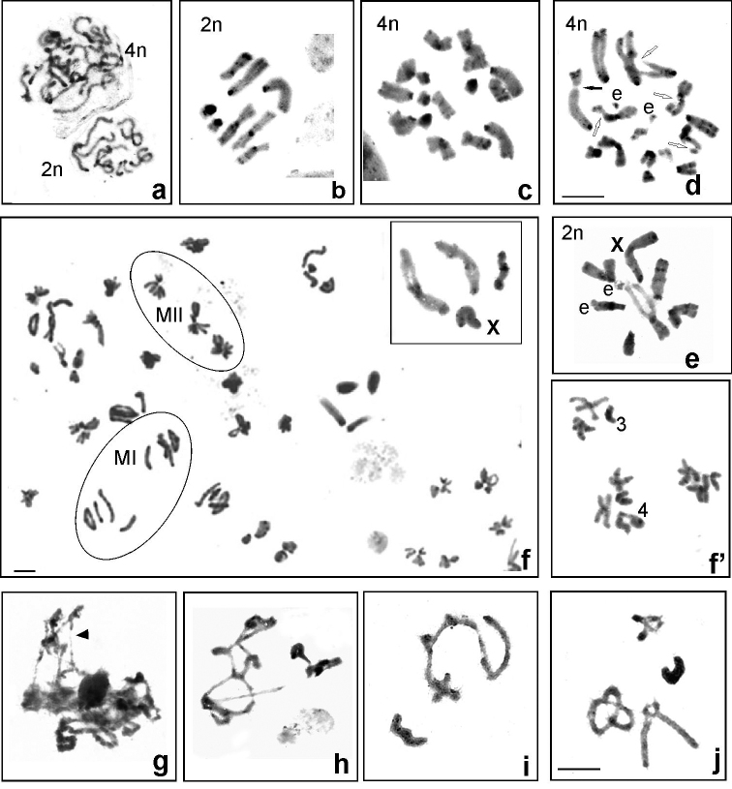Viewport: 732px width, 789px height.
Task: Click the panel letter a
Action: click(x=159, y=190)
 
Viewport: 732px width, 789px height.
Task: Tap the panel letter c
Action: click(x=525, y=191)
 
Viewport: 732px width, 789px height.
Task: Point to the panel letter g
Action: click(x=160, y=765)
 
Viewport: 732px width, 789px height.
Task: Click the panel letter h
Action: click(x=342, y=764)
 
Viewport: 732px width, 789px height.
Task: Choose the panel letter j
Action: click(x=717, y=764)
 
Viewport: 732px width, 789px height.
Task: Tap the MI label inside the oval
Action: click(x=125, y=458)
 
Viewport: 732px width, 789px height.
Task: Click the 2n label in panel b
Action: click(x=211, y=24)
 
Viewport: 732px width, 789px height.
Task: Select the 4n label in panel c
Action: click(x=387, y=23)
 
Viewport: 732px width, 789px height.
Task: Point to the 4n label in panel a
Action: click(x=135, y=50)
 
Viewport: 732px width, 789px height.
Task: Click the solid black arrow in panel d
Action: click(x=593, y=88)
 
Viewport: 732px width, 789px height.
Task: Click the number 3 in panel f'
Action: click(x=622, y=425)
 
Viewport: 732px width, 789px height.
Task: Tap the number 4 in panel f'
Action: click(x=642, y=511)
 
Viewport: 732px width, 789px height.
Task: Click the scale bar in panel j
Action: click(x=579, y=769)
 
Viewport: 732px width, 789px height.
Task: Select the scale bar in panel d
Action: click(x=583, y=196)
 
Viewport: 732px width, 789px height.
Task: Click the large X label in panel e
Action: click(x=617, y=245)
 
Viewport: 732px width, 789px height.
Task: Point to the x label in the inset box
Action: click(x=494, y=327)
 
